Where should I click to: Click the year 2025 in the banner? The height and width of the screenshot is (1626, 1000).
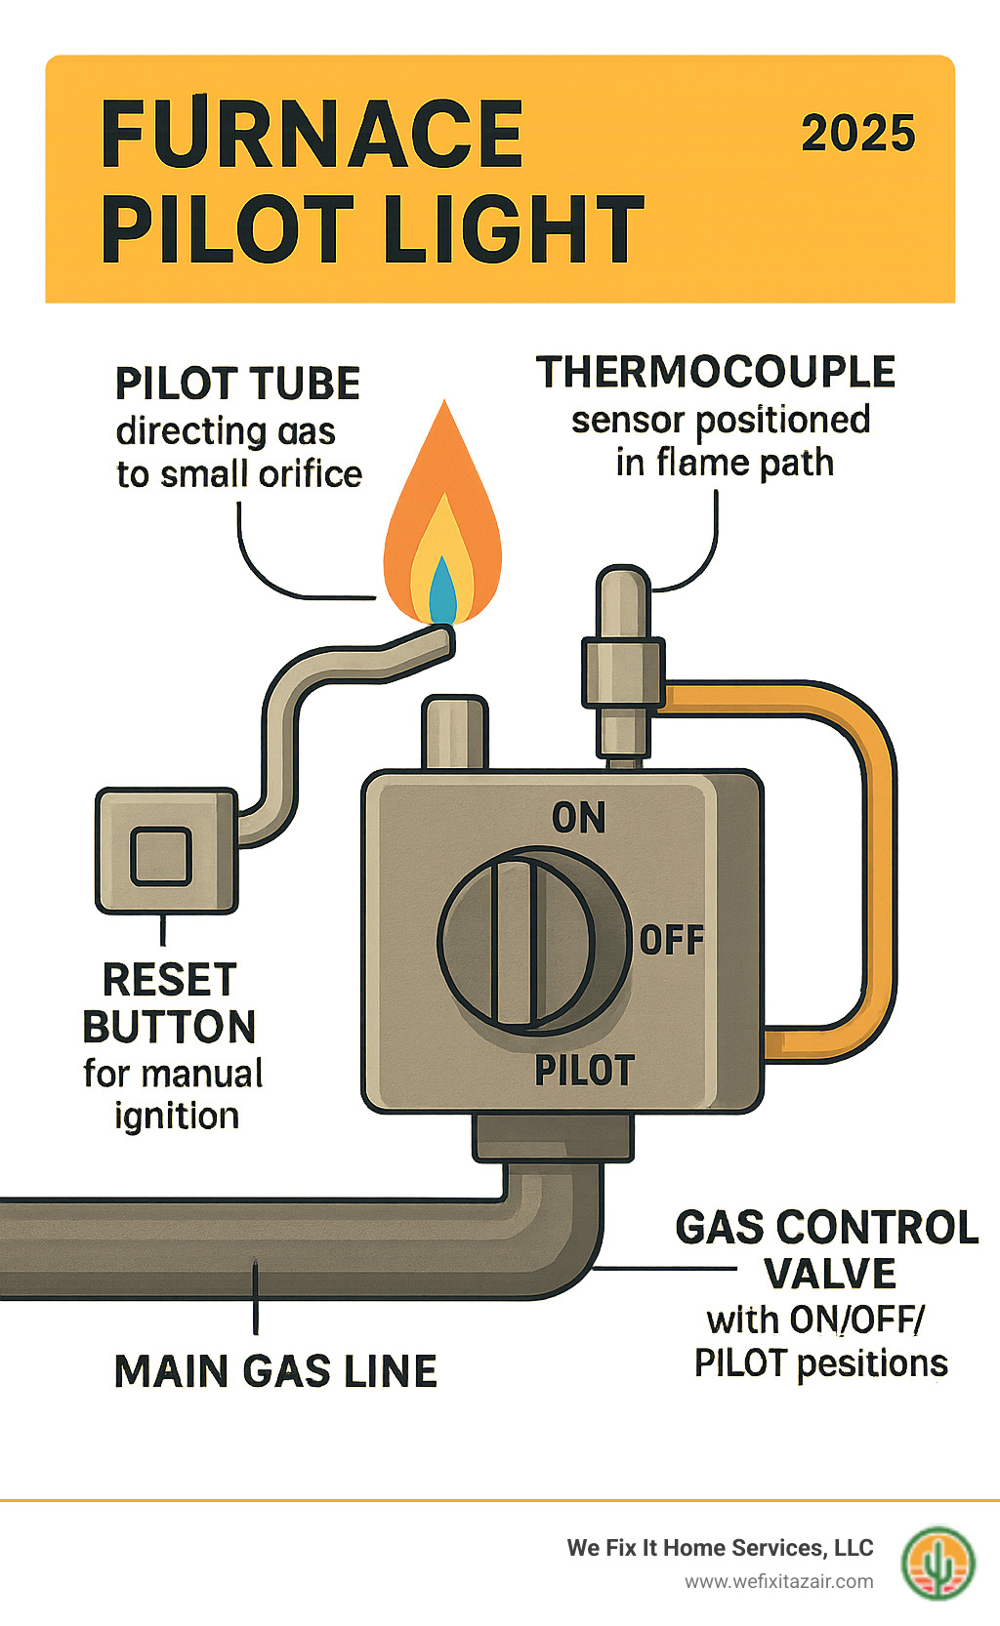[x=857, y=134]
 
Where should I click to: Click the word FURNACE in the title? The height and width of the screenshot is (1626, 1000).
[x=312, y=135]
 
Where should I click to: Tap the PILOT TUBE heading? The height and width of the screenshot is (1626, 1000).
[x=238, y=384]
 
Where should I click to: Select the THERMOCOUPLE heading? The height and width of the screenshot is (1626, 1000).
[x=716, y=373]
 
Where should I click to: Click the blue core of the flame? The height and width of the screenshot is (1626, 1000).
[x=442, y=593]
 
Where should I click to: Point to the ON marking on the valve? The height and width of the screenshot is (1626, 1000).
[x=578, y=818]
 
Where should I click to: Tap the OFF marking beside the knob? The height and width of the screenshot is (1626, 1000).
[x=671, y=941]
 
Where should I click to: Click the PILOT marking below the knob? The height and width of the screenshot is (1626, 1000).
[x=584, y=1071]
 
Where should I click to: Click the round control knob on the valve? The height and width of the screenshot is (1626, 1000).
[x=532, y=942]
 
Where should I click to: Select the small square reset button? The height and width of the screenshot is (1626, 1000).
[x=161, y=855]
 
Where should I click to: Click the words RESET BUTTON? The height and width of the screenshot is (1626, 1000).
[x=169, y=1003]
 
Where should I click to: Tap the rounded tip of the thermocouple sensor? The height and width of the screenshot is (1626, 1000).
[x=623, y=586]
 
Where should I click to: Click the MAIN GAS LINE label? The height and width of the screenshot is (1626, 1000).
[x=275, y=1371]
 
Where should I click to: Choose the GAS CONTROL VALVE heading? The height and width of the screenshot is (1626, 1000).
[x=826, y=1250]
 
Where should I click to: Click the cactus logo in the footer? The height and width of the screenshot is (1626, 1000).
[x=937, y=1563]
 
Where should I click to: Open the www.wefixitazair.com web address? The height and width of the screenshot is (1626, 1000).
[x=778, y=1581]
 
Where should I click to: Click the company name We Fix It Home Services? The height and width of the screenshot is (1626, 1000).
[x=720, y=1548]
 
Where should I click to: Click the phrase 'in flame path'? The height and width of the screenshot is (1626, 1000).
[x=725, y=463]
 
